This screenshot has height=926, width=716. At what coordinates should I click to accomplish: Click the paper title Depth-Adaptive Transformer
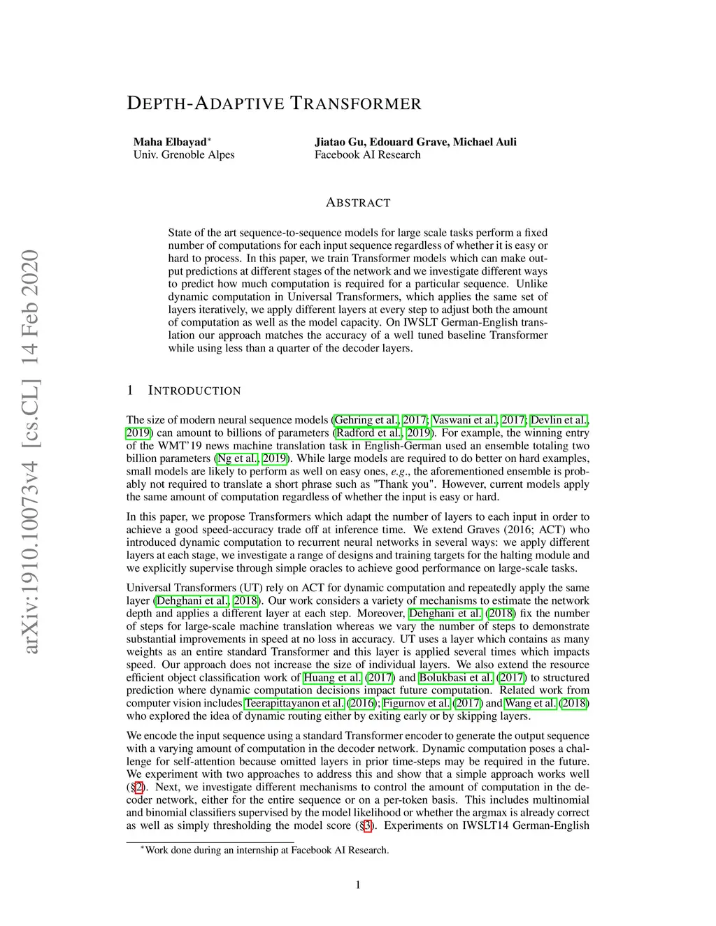pos(274,104)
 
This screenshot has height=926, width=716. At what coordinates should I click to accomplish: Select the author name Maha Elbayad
pos(170,142)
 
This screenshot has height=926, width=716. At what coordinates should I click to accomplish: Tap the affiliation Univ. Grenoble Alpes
pos(184,154)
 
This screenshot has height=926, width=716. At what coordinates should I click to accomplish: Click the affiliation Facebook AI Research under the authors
pos(367,154)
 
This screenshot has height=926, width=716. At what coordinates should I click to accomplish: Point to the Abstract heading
pos(358,203)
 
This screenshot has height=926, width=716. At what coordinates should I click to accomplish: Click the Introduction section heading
pos(194,391)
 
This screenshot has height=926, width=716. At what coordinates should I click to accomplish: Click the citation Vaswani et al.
pos(464,420)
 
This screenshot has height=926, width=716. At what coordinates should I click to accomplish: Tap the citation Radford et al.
pos(368,433)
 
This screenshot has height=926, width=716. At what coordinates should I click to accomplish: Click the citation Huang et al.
pos(332,677)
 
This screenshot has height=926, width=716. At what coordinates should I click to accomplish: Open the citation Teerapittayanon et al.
pos(294,703)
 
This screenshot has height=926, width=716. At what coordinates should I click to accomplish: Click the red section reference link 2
pos(139,787)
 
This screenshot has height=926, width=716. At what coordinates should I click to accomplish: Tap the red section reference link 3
pos(368,825)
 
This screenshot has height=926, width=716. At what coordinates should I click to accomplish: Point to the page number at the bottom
pos(358,885)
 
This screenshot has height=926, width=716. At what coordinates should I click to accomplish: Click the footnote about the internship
pos(266,850)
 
